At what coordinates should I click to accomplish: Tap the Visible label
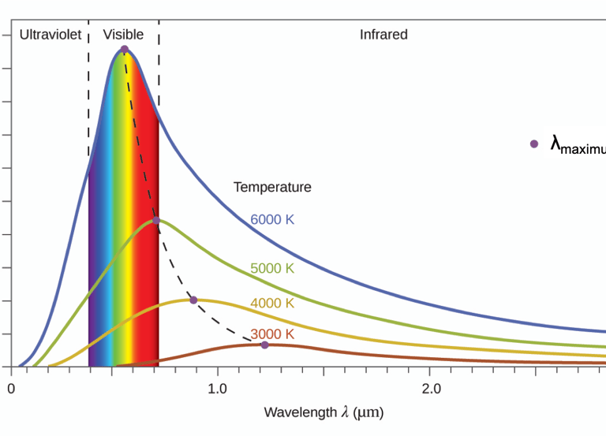(123, 35)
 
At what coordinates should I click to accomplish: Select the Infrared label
(383, 35)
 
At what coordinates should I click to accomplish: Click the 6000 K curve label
(272, 220)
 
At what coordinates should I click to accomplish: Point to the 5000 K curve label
(272, 268)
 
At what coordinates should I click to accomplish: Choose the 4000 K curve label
(272, 304)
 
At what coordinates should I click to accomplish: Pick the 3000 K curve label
(272, 334)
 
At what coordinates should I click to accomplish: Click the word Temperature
(272, 188)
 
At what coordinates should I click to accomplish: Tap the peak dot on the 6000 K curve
(124, 50)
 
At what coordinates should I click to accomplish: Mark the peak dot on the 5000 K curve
(156, 221)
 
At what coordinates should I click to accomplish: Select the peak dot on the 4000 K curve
(193, 300)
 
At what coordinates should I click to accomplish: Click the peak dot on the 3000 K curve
(264, 345)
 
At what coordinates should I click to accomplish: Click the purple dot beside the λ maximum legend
(534, 143)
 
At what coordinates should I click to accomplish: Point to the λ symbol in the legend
(555, 143)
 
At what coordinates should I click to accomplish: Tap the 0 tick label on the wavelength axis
(11, 389)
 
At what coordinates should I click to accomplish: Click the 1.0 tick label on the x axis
(217, 389)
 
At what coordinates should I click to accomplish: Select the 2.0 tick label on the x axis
(431, 389)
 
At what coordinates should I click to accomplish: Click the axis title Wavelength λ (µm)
(324, 412)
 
